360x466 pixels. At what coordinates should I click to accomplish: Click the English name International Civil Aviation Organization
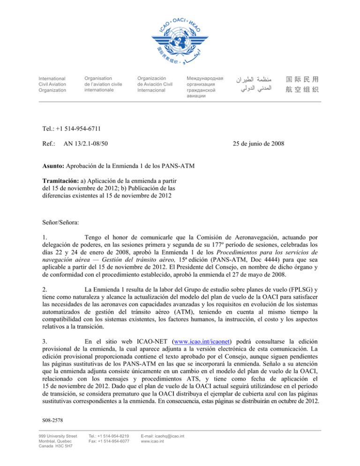pos(52,84)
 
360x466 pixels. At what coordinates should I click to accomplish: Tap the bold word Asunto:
pos(52,168)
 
